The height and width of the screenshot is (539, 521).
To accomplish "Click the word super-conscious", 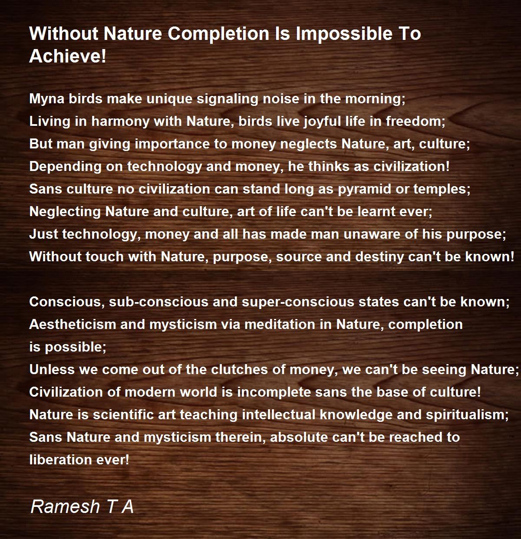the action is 298,302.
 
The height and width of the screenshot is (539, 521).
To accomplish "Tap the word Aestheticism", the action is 73,324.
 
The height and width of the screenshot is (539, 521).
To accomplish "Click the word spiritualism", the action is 467,415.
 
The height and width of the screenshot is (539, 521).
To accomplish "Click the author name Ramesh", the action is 65,506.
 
